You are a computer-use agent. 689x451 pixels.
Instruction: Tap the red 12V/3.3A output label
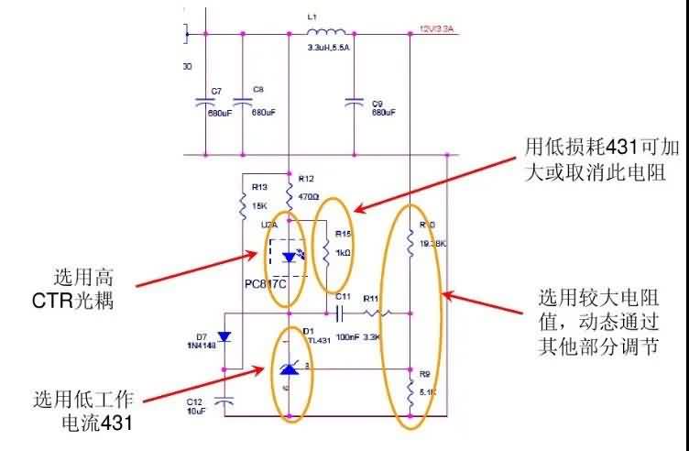pos(436,29)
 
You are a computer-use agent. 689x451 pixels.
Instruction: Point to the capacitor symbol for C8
pos(243,102)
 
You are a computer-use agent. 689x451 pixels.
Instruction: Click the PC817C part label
pos(266,283)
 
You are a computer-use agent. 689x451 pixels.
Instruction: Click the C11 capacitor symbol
pos(340,313)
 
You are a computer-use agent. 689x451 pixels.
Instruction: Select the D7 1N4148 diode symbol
pos(223,339)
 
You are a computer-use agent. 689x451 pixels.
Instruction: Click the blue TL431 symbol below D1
pos(290,369)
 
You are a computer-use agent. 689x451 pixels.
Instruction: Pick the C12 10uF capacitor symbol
pos(224,401)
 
